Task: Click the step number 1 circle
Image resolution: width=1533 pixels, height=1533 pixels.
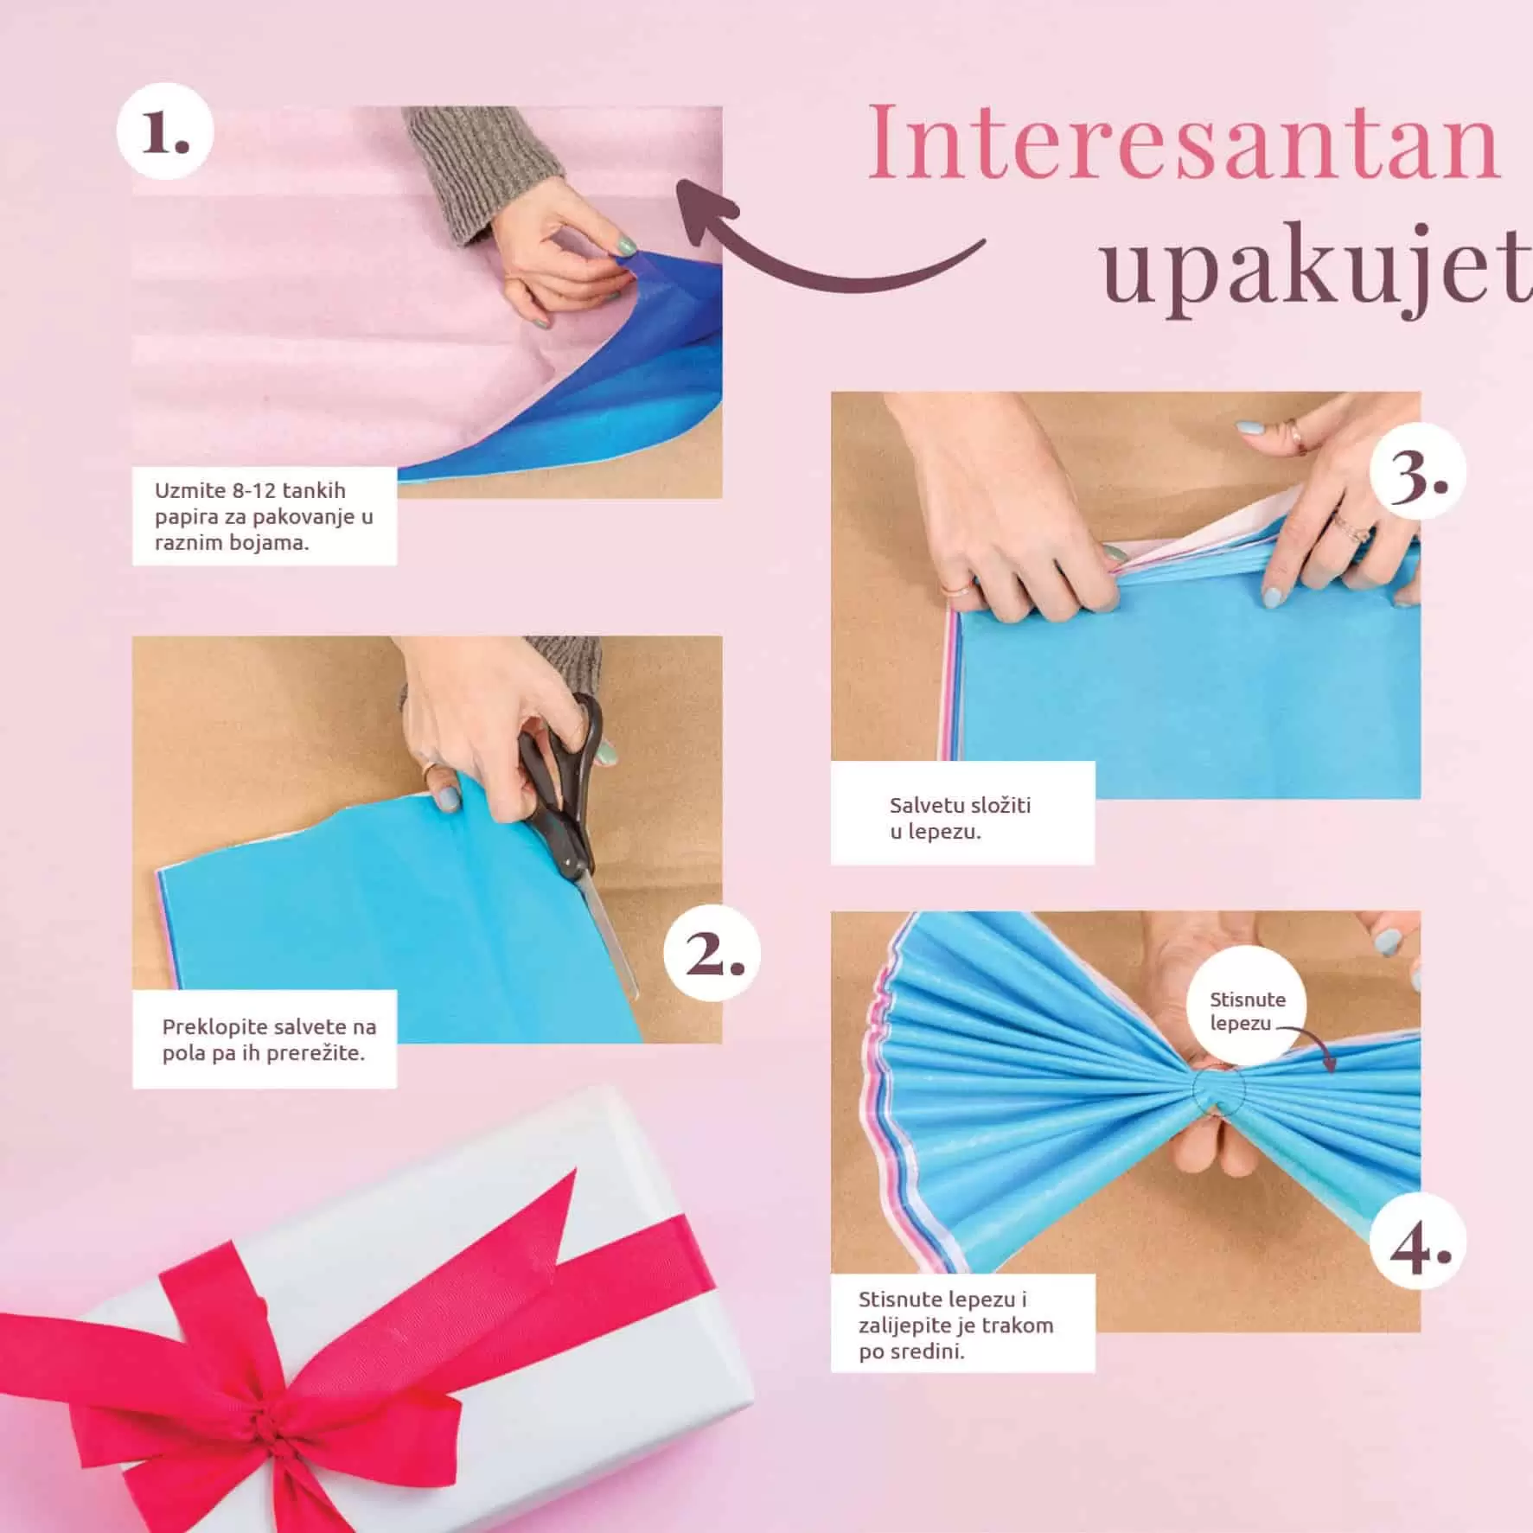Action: (x=165, y=131)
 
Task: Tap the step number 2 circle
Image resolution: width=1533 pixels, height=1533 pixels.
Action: (x=712, y=953)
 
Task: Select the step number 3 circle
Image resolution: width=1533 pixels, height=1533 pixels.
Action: (x=1419, y=472)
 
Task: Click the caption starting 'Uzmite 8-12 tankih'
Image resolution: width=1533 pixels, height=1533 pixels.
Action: (x=265, y=516)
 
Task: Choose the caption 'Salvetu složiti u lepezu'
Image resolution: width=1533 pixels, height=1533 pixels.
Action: (x=961, y=817)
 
